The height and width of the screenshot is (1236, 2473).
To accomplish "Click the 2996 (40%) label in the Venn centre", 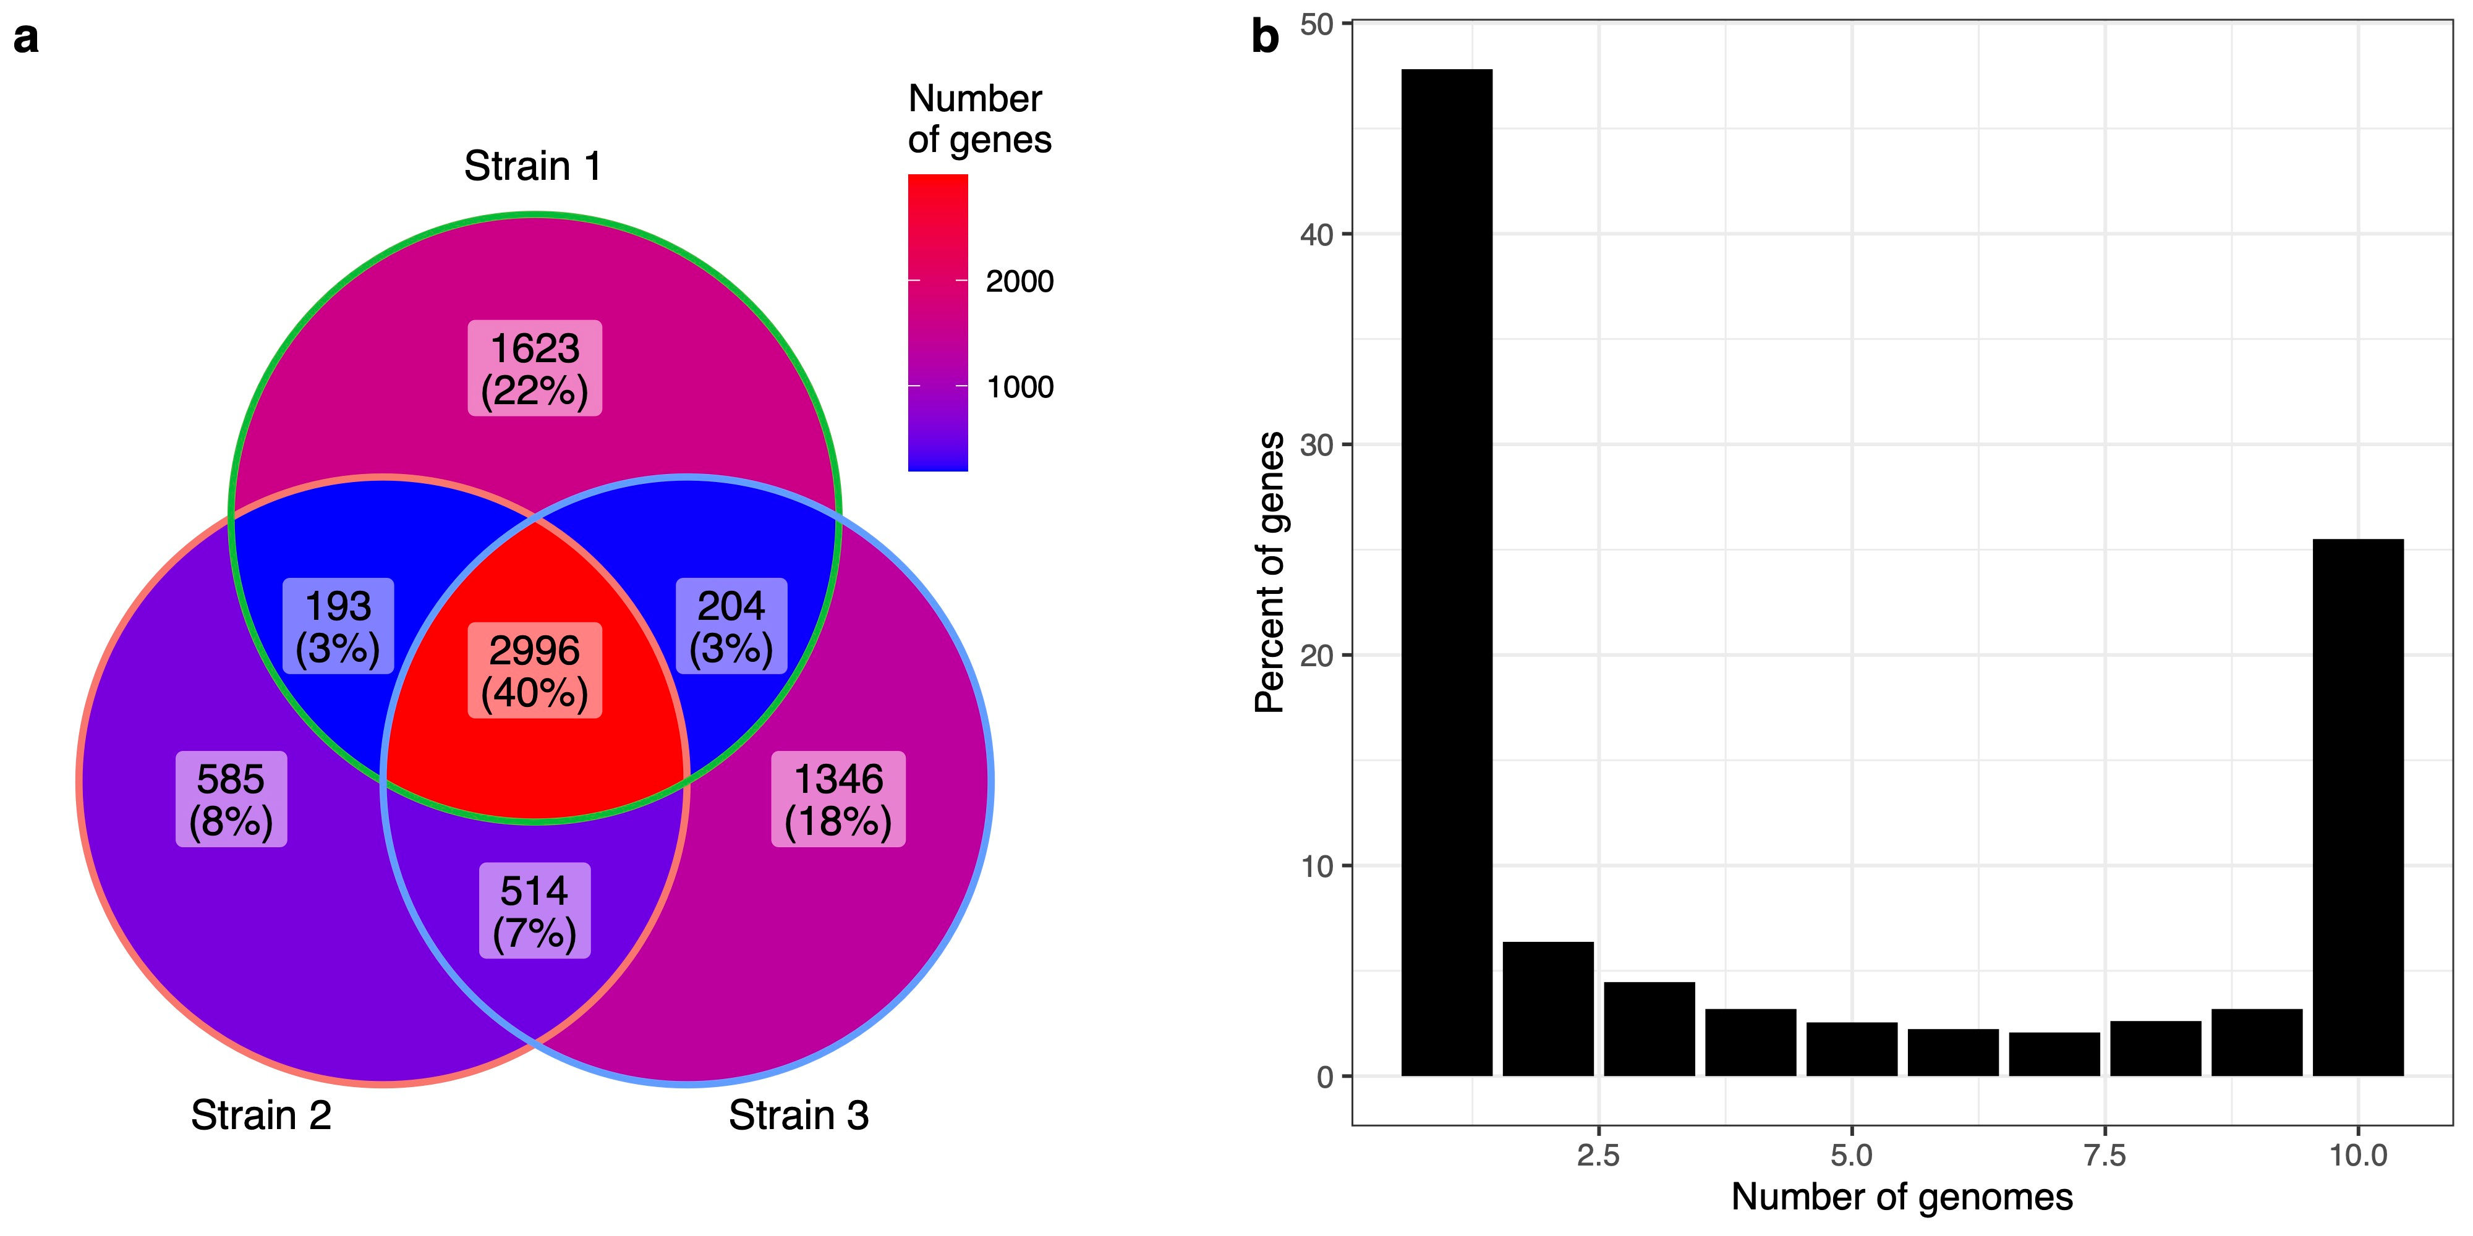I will (535, 671).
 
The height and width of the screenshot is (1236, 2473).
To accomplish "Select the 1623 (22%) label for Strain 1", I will (535, 368).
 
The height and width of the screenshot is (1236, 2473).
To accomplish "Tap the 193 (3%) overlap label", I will (338, 627).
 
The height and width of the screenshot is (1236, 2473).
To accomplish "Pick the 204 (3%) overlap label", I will (731, 627).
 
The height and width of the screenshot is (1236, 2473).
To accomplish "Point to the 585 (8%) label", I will (231, 799).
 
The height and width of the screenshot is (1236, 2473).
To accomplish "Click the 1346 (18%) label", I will (838, 799).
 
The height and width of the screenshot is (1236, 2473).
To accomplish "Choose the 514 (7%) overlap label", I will (535, 911).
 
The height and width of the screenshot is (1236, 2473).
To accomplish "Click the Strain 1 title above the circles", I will (533, 166).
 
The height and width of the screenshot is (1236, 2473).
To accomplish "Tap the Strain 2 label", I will (261, 1115).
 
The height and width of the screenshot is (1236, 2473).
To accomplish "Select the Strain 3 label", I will (799, 1115).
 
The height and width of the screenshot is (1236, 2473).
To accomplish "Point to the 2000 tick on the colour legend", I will (1019, 281).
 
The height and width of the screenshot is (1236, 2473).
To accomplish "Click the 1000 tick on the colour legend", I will (1019, 387).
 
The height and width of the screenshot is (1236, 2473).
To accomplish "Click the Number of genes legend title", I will (979, 119).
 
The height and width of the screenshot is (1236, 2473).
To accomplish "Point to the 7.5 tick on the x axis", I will (2105, 1154).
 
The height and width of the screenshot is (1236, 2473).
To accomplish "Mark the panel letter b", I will (1266, 38).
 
